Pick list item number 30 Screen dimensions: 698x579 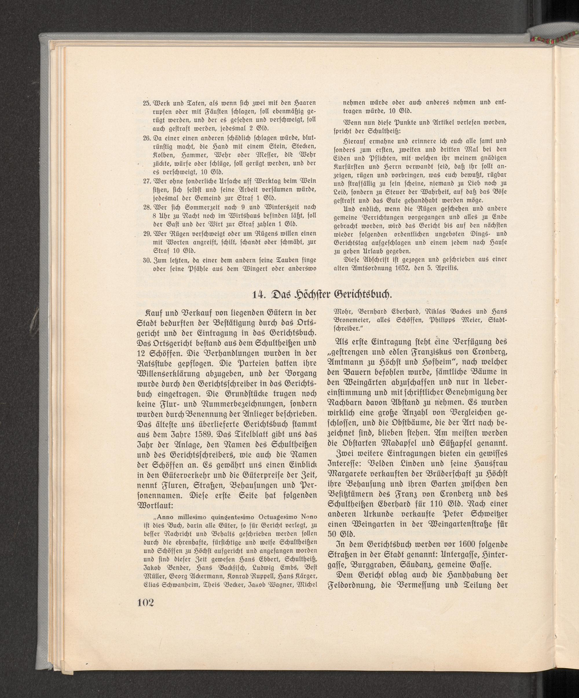pyautogui.click(x=146, y=259)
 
